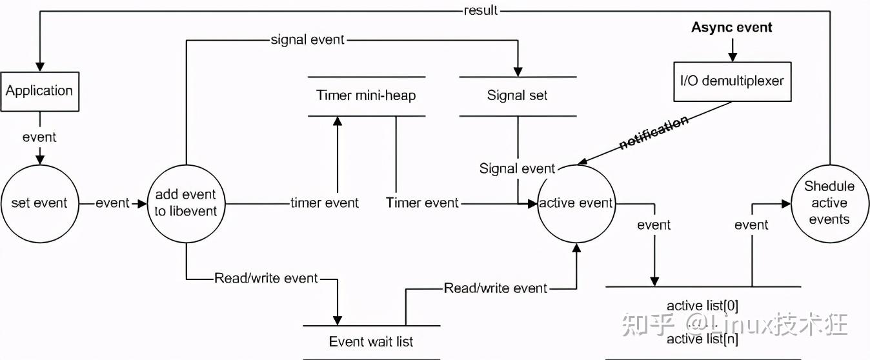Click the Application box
click(x=39, y=91)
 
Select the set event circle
click(x=39, y=203)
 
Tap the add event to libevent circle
click(x=186, y=203)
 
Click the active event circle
click(x=576, y=203)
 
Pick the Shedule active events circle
click(x=829, y=203)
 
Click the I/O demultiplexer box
click(x=732, y=82)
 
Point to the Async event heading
click(x=732, y=27)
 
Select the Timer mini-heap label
click(x=366, y=95)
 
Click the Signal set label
click(x=517, y=95)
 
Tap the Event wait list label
click(x=371, y=342)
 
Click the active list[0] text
click(x=703, y=305)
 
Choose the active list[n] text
click(x=703, y=339)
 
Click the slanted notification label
click(x=653, y=134)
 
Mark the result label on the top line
click(x=481, y=10)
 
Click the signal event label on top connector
click(x=308, y=40)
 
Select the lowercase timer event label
click(x=325, y=203)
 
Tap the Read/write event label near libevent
click(x=266, y=279)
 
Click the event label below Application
click(x=39, y=137)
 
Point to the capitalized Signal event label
click(x=517, y=169)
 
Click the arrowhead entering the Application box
click(x=39, y=66)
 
